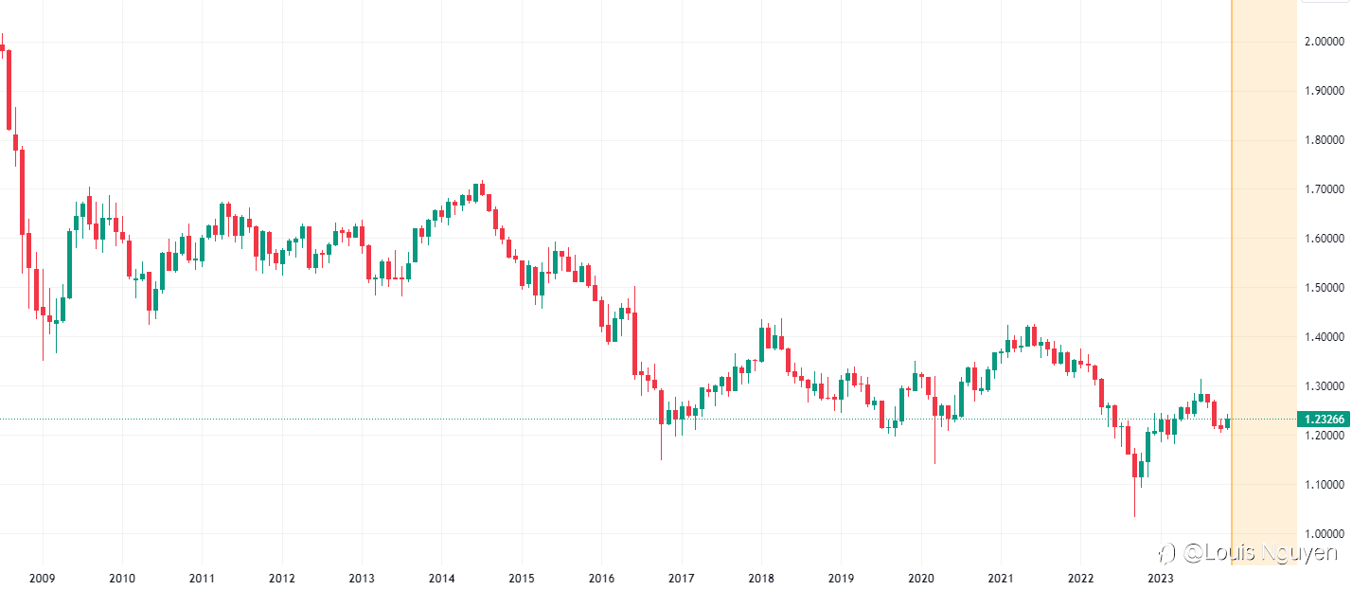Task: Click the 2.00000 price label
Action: click(1325, 42)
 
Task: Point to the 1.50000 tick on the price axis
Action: click(1325, 288)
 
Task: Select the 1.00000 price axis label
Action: click(1325, 534)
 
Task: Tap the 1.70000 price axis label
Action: click(1325, 189)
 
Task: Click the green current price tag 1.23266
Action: click(1325, 420)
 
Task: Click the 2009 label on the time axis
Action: click(41, 578)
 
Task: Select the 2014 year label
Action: click(441, 578)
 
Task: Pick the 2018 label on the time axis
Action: click(761, 578)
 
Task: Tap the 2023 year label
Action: click(1161, 578)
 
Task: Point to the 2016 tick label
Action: click(601, 578)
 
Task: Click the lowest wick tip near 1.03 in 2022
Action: click(1134, 514)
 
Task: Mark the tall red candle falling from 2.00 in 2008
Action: click(9, 90)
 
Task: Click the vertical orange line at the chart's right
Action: click(1231, 284)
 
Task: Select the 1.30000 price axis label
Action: click(1325, 386)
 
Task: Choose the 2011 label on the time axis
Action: click(201, 578)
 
